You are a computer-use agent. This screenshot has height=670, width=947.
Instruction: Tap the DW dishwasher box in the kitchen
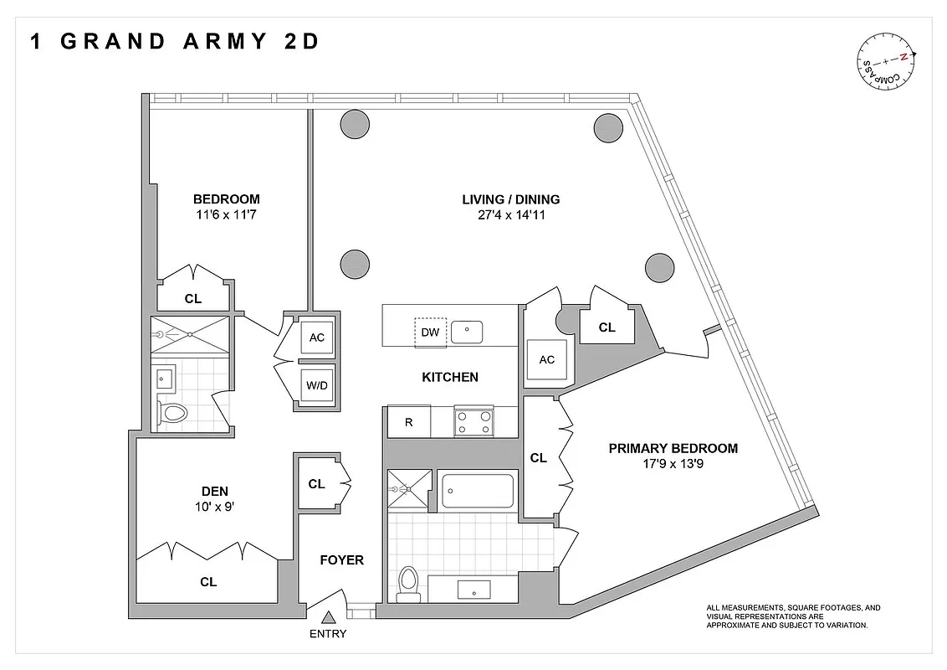(430, 332)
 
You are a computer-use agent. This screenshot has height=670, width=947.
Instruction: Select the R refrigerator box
(408, 422)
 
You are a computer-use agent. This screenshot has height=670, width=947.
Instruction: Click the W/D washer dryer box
(316, 386)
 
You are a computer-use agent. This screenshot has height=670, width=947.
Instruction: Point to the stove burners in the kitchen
(474, 420)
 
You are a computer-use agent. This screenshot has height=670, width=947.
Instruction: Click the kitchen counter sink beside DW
(467, 332)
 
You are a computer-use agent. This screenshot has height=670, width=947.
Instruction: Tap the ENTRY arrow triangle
(329, 617)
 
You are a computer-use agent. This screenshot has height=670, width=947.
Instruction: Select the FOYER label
(342, 559)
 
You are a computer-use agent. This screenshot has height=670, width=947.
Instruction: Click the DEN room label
(215, 491)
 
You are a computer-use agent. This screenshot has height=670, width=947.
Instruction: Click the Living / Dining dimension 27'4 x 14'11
(510, 215)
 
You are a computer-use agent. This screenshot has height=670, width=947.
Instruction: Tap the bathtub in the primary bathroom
(477, 492)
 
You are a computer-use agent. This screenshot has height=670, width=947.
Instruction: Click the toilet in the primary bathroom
(409, 583)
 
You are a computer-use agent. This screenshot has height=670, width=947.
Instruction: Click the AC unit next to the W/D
(316, 338)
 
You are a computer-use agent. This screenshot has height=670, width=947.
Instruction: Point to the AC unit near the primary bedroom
(546, 359)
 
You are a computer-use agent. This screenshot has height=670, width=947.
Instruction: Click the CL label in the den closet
(208, 581)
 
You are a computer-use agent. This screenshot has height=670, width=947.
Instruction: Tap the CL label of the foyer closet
(316, 483)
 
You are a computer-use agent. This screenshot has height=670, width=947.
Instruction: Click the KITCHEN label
(449, 377)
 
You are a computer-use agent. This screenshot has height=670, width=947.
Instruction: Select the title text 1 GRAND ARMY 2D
(174, 42)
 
